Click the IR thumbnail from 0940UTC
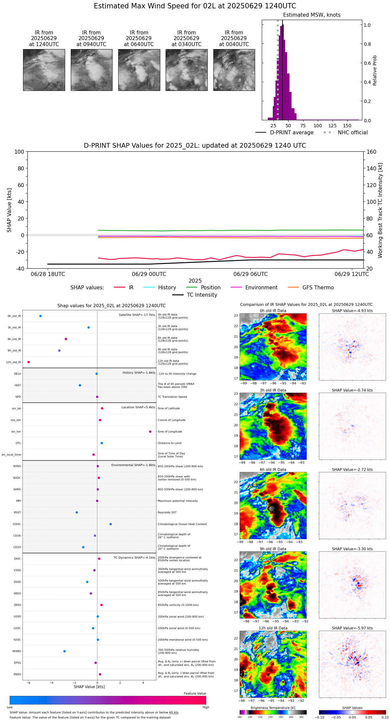pos(91,70)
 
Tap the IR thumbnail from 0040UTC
pos(234,70)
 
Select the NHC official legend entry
pos(353,133)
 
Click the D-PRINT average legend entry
pos(291,133)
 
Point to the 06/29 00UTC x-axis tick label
pos(149,274)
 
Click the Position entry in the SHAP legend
pos(210,288)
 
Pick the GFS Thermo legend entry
pos(318,288)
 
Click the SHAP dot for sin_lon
pos(150,432)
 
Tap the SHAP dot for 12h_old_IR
pos(29,362)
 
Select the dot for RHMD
pos(64,651)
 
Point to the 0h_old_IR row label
pos(14,316)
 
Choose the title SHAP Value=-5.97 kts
pos(352,628)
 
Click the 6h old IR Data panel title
pos(273,469)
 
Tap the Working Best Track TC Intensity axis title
pos(380,210)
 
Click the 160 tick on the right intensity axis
pos(371,152)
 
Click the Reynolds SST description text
pos(167,513)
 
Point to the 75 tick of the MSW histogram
pos(303,126)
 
